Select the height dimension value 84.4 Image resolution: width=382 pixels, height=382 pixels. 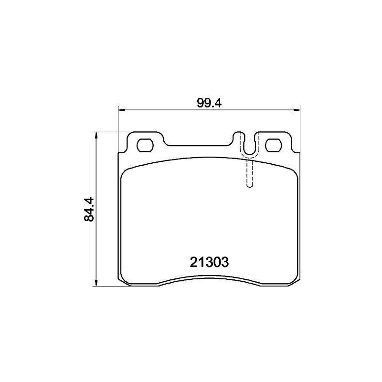[x=88, y=209]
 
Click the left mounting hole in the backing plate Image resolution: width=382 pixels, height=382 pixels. [x=145, y=145]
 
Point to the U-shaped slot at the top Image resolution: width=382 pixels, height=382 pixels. [x=248, y=146]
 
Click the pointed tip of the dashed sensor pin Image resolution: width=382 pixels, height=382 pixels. [x=249, y=187]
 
